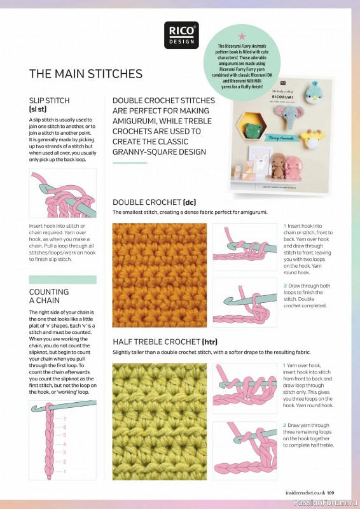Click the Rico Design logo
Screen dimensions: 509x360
(181, 35)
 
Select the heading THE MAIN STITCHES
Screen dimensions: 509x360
(86, 74)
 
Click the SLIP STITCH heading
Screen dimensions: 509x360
(50, 101)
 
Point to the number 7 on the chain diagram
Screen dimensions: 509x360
(65, 418)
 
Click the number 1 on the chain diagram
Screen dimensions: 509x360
(64, 471)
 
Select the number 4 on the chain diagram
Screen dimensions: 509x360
(64, 444)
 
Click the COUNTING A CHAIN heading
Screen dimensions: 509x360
(49, 296)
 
